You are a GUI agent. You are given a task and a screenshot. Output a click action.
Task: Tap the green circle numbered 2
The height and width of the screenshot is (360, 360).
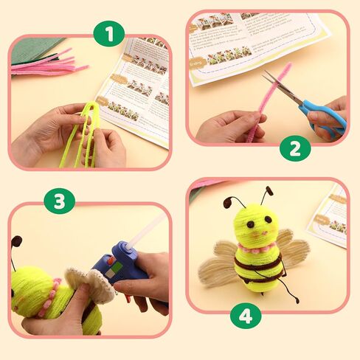tap(295, 148)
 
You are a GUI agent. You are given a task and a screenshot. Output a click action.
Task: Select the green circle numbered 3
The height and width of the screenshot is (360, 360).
tap(60, 199)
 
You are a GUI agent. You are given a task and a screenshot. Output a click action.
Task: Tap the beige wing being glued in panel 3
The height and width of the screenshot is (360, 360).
tap(89, 284)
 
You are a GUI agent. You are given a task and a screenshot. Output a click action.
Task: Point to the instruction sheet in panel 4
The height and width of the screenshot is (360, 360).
tap(330, 218)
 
